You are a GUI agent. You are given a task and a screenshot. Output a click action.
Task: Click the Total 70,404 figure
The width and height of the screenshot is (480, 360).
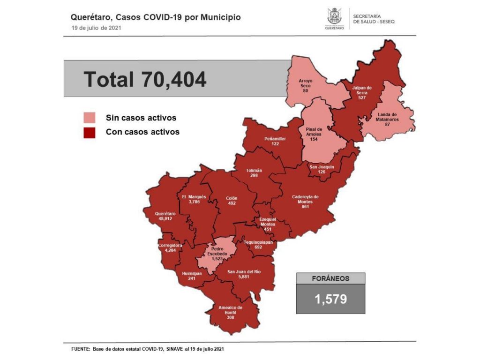pyautogui.click(x=145, y=79)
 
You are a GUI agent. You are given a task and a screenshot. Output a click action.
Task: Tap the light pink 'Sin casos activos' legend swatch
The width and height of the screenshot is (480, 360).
pyautogui.click(x=89, y=118)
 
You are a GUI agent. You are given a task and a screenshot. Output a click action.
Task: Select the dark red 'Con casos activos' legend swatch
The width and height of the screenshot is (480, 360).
pyautogui.click(x=89, y=132)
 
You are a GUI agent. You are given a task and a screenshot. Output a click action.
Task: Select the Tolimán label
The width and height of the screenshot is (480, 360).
pyautogui.click(x=254, y=172)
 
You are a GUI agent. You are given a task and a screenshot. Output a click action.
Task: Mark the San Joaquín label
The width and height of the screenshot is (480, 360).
pyautogui.click(x=322, y=169)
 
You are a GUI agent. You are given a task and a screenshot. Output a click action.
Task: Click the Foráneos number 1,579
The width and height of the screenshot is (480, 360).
pyautogui.click(x=330, y=299)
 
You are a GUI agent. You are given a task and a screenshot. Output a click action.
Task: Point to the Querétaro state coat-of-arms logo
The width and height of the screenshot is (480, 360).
pyautogui.click(x=335, y=17)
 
